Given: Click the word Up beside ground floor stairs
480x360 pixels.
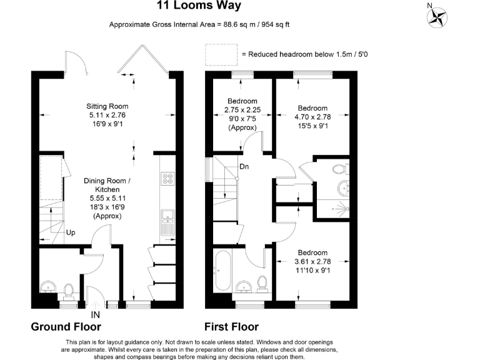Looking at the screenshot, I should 71,232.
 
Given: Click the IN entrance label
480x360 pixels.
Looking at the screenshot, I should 96,314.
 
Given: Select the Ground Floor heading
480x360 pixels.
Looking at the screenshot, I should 66,327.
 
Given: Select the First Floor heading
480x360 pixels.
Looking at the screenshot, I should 232,327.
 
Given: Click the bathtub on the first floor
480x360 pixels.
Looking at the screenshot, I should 224,270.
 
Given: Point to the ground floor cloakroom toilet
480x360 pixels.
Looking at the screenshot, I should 69,290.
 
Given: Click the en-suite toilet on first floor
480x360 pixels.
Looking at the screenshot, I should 340,169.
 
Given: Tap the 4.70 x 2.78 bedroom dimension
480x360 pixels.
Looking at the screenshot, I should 312,116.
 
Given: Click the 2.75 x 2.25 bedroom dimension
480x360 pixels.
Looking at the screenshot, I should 242,110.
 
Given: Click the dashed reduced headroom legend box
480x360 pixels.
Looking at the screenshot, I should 221,55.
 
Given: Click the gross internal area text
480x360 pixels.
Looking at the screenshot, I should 199,25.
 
